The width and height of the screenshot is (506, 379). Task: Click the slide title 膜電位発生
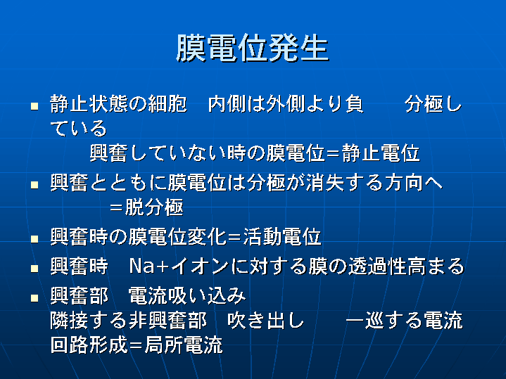coord(253,48)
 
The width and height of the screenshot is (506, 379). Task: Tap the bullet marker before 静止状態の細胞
coord(34,105)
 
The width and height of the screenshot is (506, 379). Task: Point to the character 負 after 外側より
coord(354,104)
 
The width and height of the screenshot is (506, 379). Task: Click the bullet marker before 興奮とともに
coord(34,185)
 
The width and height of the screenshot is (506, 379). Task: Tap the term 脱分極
coord(154,207)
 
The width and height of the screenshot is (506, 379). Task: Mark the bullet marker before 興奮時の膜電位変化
coord(34,239)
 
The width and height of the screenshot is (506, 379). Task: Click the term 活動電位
coord(282,237)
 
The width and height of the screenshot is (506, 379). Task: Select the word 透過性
coord(377,266)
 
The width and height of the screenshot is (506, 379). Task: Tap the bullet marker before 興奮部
coord(34,297)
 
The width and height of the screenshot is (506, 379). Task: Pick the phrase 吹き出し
coord(265,321)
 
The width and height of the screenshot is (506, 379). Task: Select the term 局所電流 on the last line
coord(184,345)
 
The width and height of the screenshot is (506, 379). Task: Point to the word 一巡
coord(365,321)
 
